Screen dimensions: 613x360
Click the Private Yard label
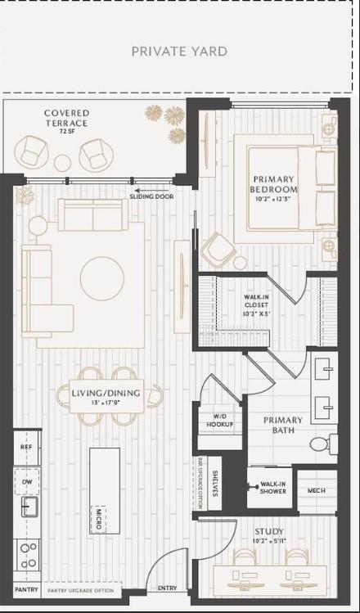[179, 52]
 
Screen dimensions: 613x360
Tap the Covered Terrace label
[67, 118]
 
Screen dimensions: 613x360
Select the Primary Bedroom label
[273, 184]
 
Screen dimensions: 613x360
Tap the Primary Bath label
[283, 425]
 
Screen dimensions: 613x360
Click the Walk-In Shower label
[272, 487]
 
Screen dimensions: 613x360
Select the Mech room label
[317, 490]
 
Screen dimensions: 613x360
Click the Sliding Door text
[153, 196]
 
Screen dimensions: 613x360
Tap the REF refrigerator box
[26, 448]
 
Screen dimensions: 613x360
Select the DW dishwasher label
[27, 481]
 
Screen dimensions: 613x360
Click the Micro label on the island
[97, 518]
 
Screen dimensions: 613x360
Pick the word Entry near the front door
[167, 588]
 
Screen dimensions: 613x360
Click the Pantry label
[26, 589]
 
